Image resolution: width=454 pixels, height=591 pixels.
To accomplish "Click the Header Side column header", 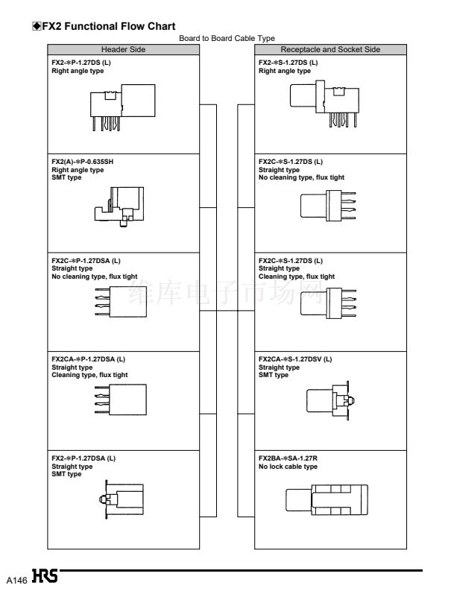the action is tap(123, 49).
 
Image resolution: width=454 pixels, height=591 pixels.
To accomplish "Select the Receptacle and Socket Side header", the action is tap(330, 49).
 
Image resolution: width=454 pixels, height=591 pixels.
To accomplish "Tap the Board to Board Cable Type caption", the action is tap(227, 38).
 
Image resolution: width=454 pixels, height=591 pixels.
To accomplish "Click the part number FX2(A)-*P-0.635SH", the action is tap(82, 162).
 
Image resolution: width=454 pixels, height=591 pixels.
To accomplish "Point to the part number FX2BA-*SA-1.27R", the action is tap(288, 458).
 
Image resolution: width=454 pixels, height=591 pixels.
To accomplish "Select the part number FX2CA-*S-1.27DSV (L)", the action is tap(295, 359).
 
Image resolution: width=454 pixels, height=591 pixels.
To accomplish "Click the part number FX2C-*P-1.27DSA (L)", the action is tap(86, 260).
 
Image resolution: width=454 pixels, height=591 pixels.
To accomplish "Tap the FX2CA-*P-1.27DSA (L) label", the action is tap(88, 359).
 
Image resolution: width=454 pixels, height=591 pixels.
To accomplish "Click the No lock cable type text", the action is tap(288, 467).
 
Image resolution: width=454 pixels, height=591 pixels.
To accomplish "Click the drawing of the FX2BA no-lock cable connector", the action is tap(327, 500).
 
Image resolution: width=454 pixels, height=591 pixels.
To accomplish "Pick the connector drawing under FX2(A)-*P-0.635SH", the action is tap(119, 206).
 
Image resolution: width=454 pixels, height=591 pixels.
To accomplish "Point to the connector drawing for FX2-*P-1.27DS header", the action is tap(122, 108).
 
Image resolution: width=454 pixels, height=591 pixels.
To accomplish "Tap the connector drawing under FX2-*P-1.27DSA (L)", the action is tap(121, 499).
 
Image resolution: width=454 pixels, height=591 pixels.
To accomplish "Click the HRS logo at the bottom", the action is tap(45, 576).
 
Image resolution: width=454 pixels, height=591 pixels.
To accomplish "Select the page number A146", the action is tap(16, 580).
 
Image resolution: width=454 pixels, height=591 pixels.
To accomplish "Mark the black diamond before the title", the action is tap(37, 26).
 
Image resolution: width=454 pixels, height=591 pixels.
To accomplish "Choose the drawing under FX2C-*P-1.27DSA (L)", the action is tap(121, 302).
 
